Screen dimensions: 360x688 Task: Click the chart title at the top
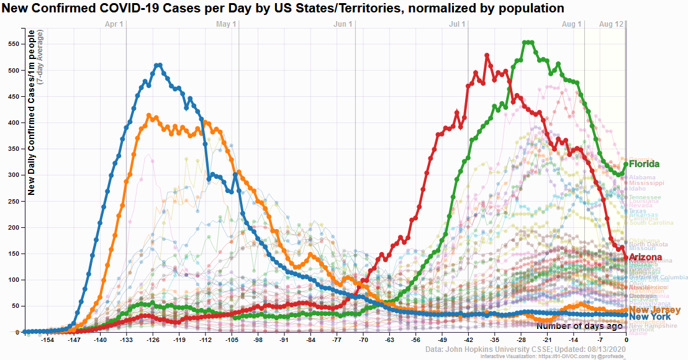coord(283,8)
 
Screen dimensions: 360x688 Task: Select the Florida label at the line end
coord(644,164)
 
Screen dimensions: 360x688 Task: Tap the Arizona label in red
coord(645,257)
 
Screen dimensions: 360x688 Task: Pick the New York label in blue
coord(650,317)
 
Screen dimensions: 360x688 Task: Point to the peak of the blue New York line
coord(159,65)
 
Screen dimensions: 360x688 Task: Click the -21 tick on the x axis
coord(547,341)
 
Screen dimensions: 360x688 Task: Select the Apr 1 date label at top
coord(114,24)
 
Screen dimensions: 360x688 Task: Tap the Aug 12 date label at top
coord(611,24)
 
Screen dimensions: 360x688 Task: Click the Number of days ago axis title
coord(579,326)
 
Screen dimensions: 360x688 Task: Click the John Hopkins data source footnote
coord(525,350)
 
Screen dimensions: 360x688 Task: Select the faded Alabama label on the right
coord(642,178)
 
